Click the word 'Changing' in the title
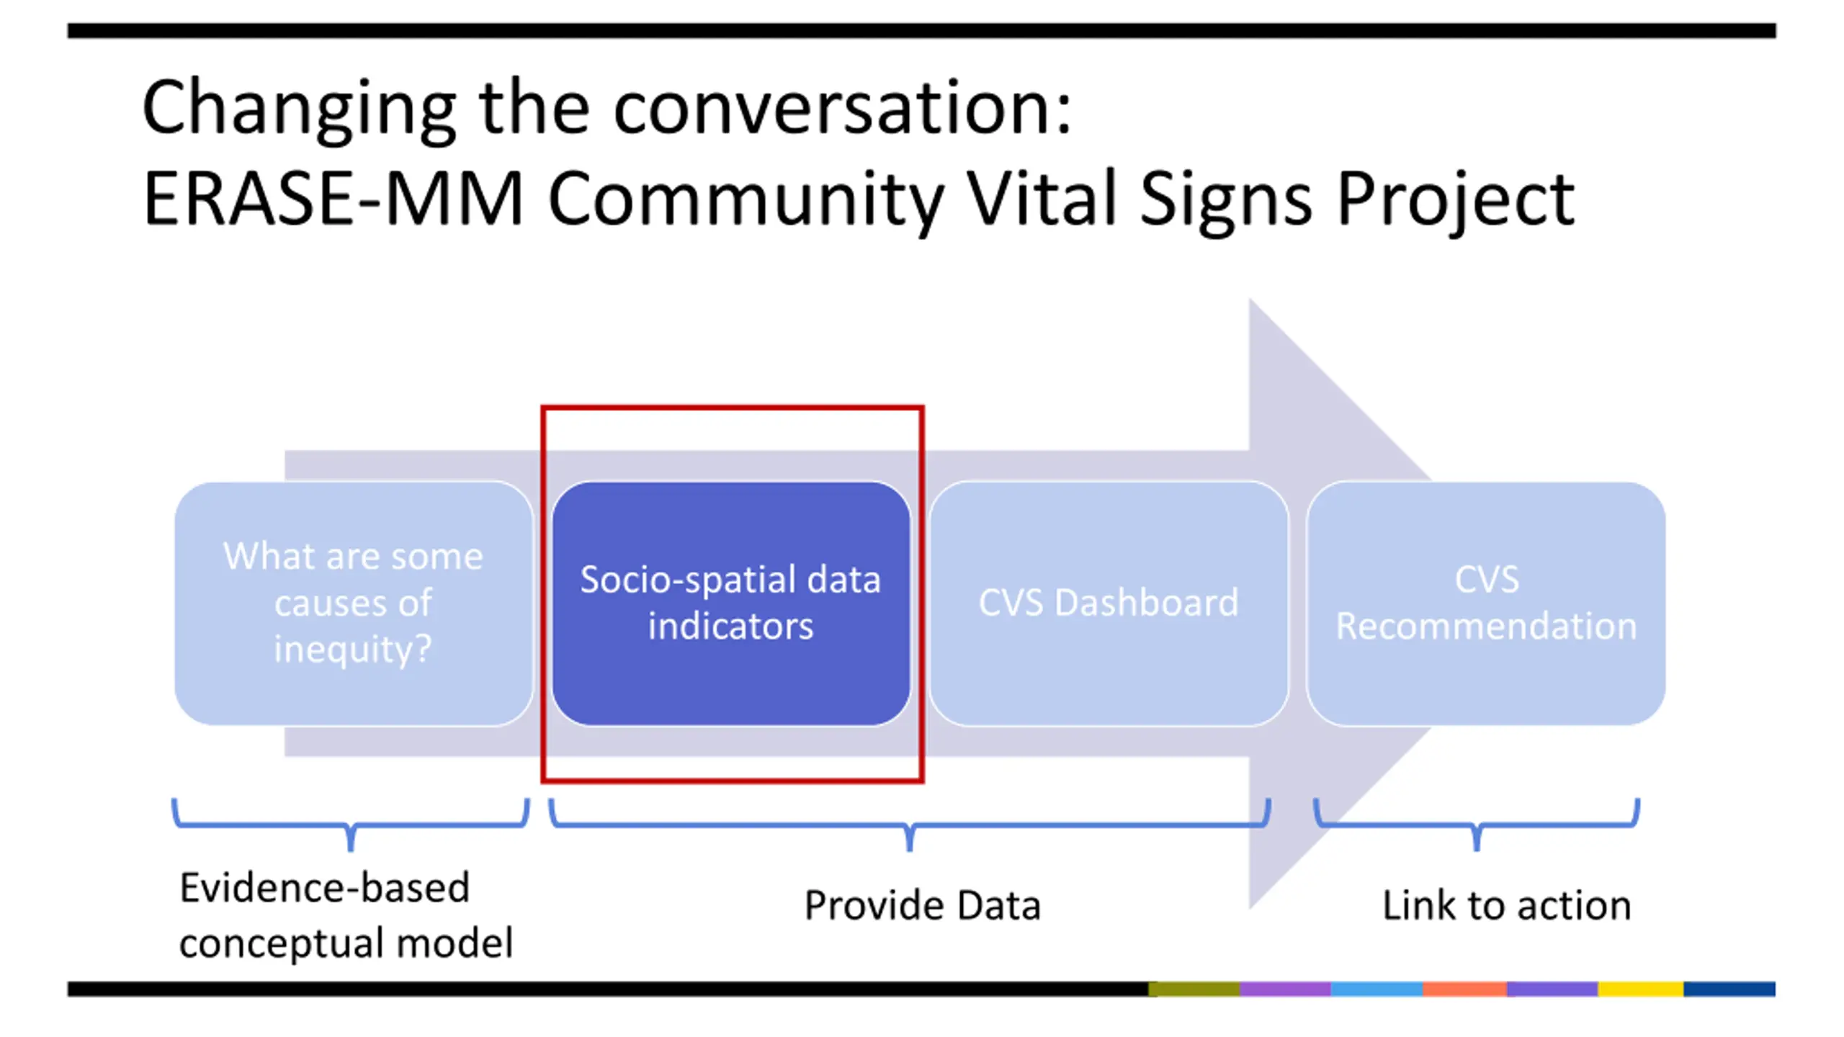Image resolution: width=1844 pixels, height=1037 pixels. tap(299, 109)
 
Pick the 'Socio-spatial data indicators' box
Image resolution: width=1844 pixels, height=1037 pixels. tap(731, 603)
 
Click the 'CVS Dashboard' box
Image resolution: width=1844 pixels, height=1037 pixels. tap(1109, 603)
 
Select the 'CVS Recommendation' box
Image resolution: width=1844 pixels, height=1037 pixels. tap(1486, 603)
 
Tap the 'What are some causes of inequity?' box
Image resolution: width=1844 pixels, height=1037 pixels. tap(354, 603)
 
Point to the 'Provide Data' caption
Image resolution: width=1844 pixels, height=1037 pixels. tap(923, 905)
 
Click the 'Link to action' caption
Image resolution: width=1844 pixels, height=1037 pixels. tap(1507, 905)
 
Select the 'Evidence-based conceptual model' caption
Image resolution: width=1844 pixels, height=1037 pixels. tap(346, 915)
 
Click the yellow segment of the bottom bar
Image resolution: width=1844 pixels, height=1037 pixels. tap(1640, 989)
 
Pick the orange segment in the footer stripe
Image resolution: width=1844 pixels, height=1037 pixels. tap(1464, 989)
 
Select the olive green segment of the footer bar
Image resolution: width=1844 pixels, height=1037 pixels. tap(1194, 989)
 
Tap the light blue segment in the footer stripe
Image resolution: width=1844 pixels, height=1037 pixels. tap(1377, 989)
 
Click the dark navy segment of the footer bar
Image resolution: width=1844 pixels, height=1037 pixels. tap(1729, 989)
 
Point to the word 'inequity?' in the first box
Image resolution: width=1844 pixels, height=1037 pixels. tap(353, 650)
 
